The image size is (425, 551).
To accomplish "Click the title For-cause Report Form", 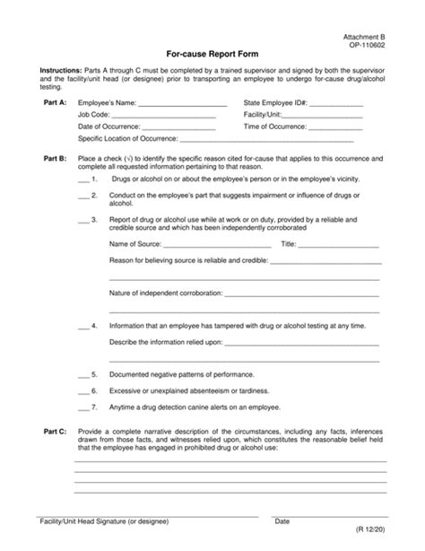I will click(212, 53).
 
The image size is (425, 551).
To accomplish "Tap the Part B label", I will click(55, 158).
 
